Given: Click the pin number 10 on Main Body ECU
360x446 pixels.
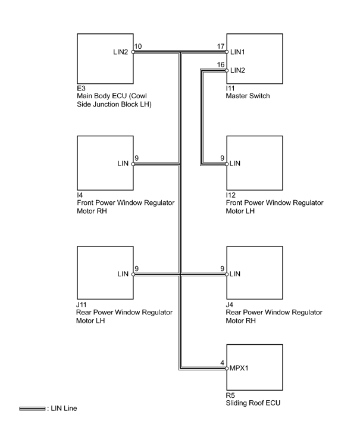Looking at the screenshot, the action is (x=138, y=46).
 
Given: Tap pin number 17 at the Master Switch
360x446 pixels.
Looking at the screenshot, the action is (x=221, y=46).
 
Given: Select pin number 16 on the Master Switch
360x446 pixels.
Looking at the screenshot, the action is (x=221, y=64).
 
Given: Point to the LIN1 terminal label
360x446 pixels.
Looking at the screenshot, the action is (x=237, y=52).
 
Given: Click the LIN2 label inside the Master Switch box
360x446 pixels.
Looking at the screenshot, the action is (x=237, y=70).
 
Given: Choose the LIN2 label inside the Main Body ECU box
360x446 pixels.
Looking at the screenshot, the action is (x=120, y=52).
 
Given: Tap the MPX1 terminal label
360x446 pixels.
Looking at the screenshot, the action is (x=239, y=368).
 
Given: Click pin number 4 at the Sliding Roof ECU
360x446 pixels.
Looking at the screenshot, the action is (x=222, y=363).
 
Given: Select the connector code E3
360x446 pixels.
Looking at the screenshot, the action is (x=81, y=88).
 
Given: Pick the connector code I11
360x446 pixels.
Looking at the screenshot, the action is (x=230, y=88).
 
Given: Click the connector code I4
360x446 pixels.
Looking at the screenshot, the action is (x=80, y=195).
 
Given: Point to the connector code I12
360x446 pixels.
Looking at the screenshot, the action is (x=231, y=195).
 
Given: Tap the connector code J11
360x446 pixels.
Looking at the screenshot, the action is (x=82, y=305).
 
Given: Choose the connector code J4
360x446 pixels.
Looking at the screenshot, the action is (x=229, y=305).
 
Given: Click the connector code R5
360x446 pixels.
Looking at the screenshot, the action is (x=230, y=395).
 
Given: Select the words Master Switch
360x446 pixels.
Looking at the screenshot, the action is (x=248, y=96).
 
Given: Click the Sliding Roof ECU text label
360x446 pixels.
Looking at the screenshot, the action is (x=253, y=403).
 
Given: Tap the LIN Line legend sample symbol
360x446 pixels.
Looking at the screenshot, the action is (x=32, y=408).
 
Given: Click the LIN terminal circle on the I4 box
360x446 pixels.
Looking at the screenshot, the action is (x=133, y=164).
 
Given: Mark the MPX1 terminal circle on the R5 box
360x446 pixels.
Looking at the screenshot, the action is (x=227, y=369).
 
